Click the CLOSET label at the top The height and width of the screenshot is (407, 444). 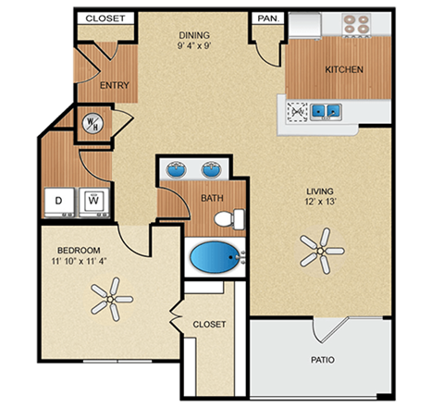coord(105,18)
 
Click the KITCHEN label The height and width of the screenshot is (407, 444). coord(343,69)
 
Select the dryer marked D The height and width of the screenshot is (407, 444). coord(60,199)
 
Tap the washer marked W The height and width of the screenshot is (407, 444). coord(93,198)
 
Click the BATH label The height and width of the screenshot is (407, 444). coord(213,197)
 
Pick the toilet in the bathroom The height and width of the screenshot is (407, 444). coord(227,219)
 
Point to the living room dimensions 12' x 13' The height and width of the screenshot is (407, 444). coord(321,206)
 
